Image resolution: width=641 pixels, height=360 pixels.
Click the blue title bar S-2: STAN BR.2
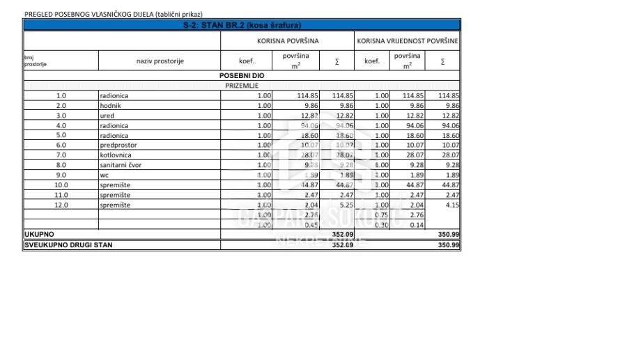click(242, 25)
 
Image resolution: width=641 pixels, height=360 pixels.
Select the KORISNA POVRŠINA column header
click(288, 41)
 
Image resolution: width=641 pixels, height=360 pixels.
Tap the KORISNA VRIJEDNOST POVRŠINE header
click(408, 41)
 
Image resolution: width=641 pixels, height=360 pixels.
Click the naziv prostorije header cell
click(160, 61)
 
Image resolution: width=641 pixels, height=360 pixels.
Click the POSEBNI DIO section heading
click(242, 75)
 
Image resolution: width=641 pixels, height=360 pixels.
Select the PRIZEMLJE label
click(242, 85)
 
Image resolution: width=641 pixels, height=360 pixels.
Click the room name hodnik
click(111, 105)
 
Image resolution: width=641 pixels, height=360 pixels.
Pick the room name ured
click(108, 116)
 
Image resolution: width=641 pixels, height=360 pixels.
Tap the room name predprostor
click(118, 145)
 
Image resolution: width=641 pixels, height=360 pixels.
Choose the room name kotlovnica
click(116, 155)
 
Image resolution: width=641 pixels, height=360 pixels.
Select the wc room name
click(105, 175)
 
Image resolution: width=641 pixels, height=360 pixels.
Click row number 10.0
click(61, 185)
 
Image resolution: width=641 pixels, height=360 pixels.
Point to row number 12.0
click(61, 205)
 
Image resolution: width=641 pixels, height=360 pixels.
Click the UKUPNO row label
click(39, 235)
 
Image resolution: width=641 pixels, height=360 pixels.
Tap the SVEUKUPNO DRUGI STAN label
click(68, 245)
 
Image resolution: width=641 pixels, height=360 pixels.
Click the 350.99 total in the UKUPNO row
click(449, 235)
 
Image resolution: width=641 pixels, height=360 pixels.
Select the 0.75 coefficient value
click(380, 215)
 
